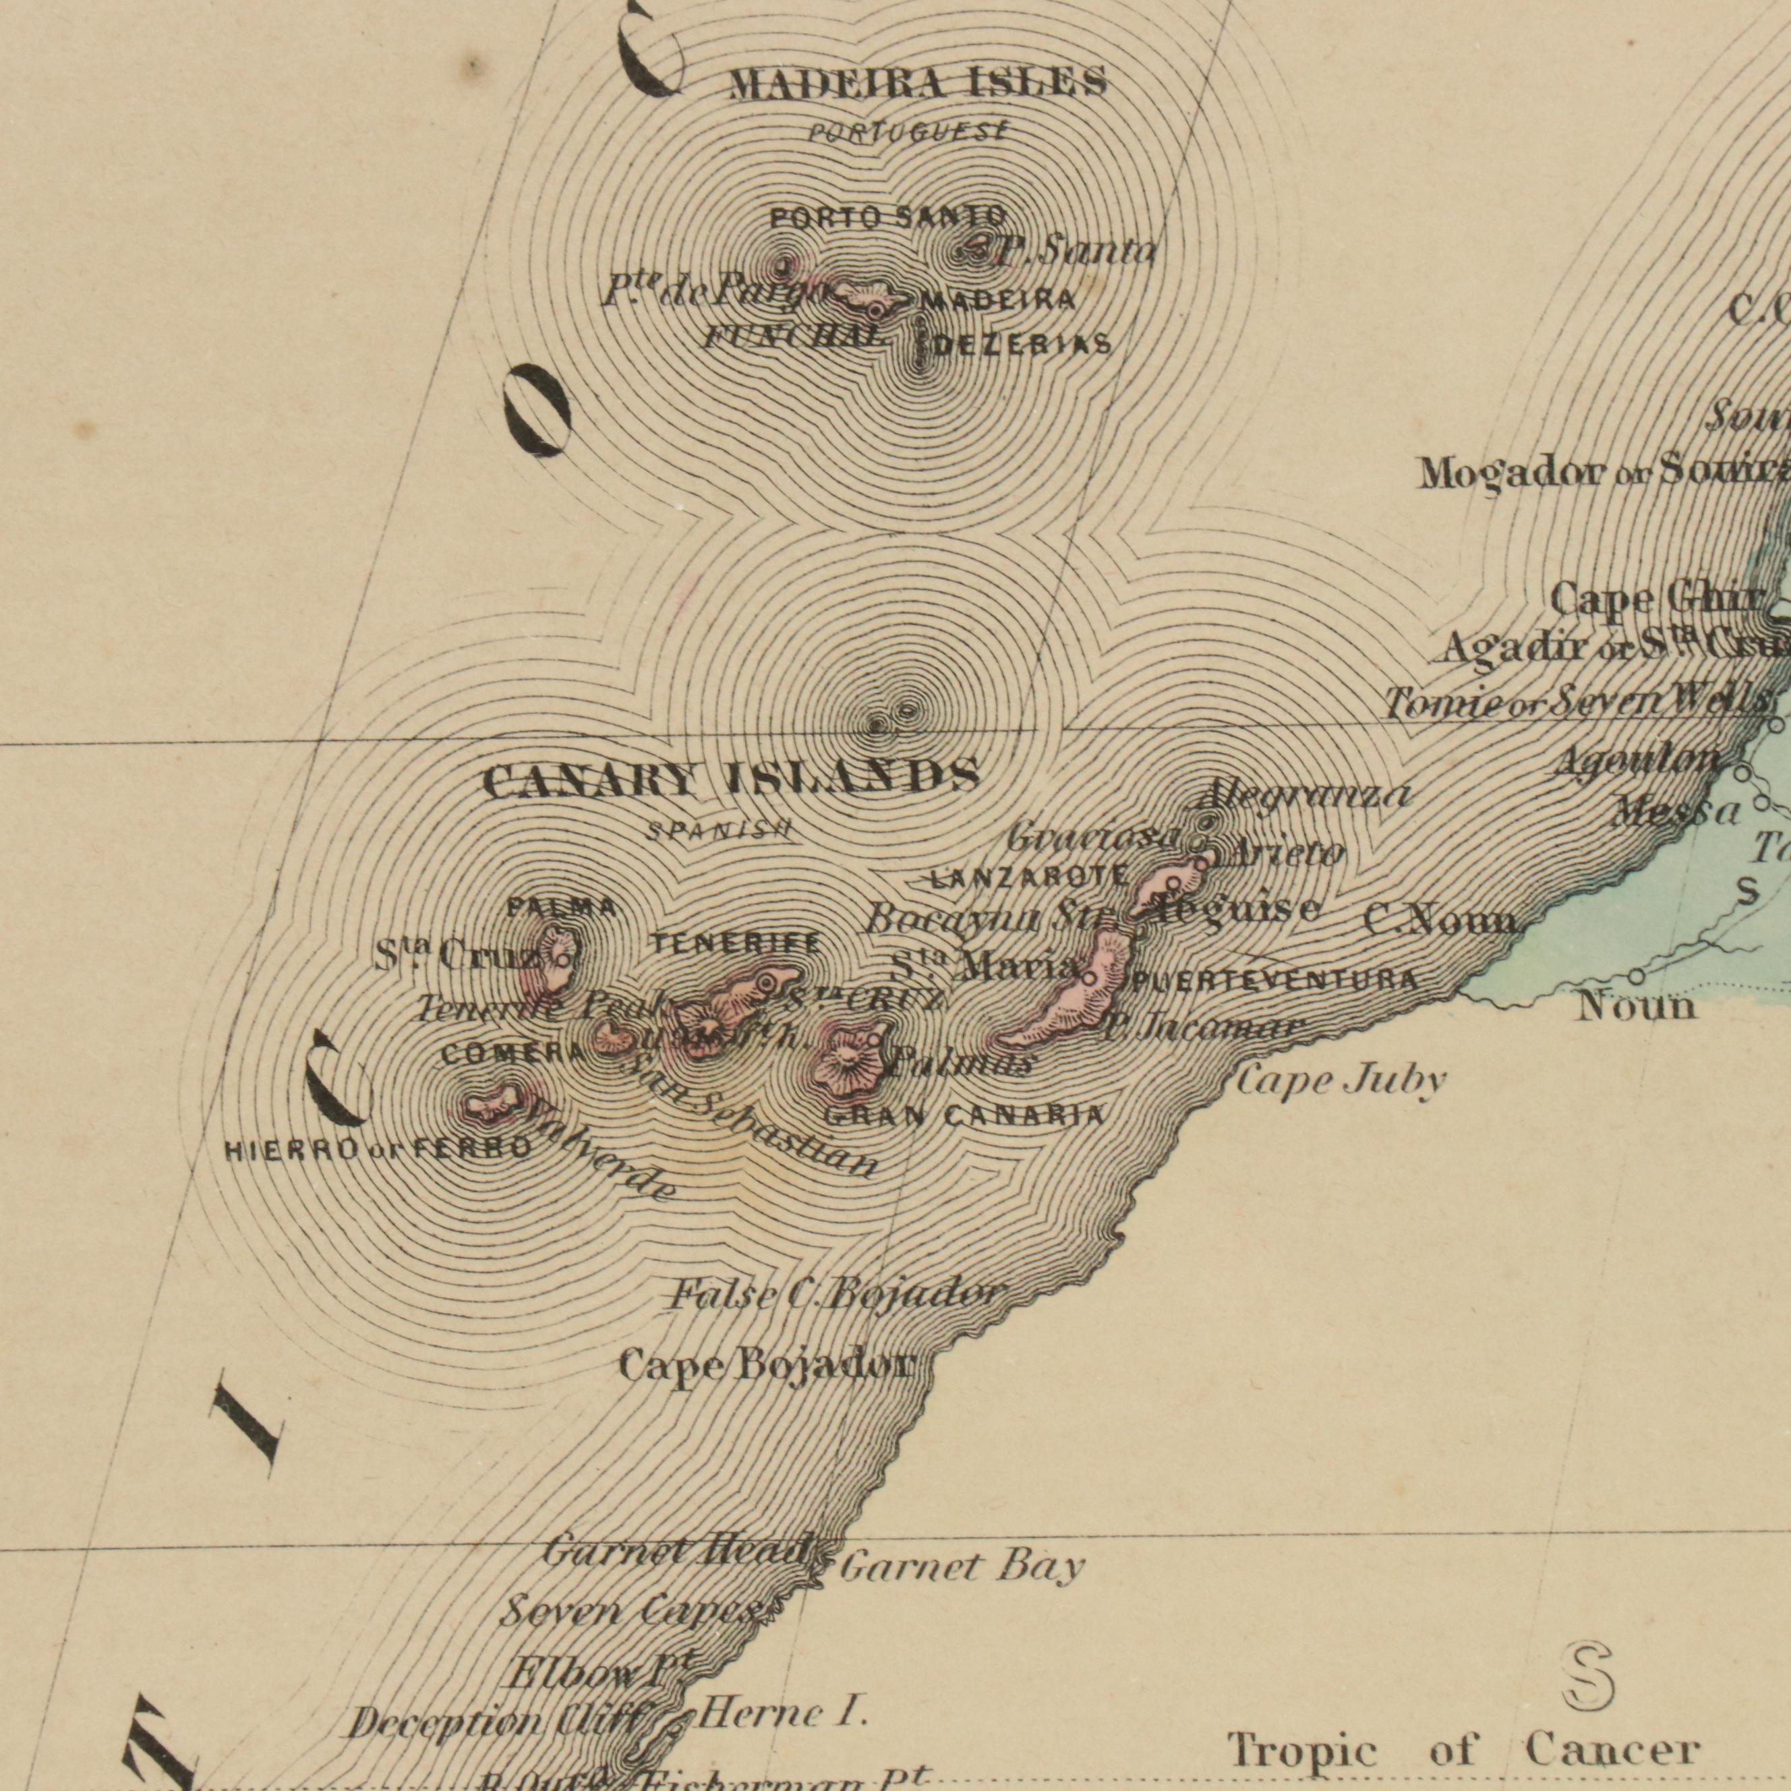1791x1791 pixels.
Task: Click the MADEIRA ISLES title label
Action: coord(918,84)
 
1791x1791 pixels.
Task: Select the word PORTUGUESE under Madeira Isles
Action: coord(906,133)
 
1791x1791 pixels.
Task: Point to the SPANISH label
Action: coord(718,831)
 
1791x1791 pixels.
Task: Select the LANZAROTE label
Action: coord(1029,877)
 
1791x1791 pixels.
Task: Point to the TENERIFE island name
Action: coord(735,943)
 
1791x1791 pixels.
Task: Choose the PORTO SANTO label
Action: coord(888,218)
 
